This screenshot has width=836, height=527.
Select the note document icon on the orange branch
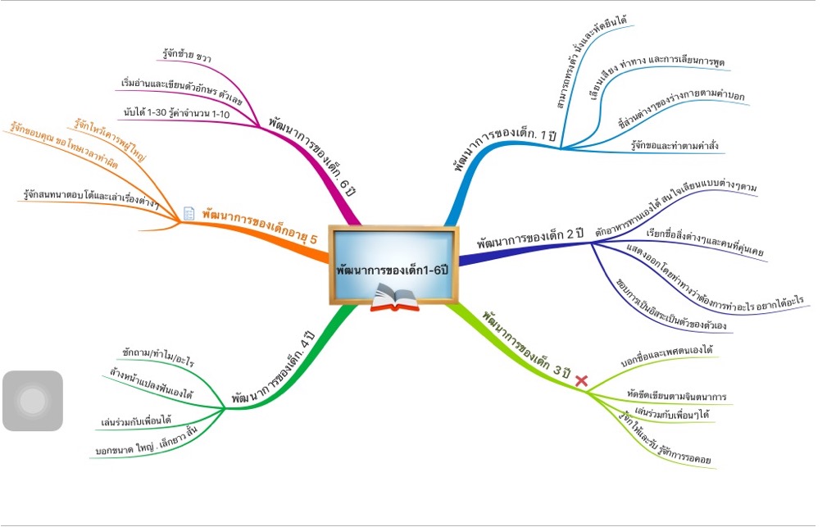coord(189,213)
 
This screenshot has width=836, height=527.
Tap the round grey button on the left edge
coord(33,401)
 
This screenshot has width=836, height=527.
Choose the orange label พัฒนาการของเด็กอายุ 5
coord(260,225)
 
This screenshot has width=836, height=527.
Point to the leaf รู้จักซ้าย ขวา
coord(187,57)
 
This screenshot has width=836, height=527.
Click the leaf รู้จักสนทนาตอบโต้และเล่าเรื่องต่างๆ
coord(92,199)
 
